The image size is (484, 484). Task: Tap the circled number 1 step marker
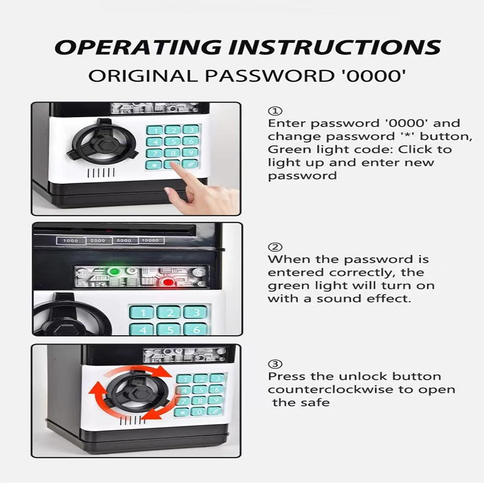[275, 111]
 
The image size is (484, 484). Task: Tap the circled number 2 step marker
[275, 247]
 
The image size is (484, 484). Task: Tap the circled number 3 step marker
[275, 364]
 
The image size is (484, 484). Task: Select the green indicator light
[115, 272]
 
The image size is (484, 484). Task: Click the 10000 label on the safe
[150, 240]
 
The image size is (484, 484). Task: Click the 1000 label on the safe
[71, 240]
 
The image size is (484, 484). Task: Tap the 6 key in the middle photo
[195, 329]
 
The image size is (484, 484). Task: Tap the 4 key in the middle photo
[141, 329]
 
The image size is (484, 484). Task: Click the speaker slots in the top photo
[101, 173]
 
